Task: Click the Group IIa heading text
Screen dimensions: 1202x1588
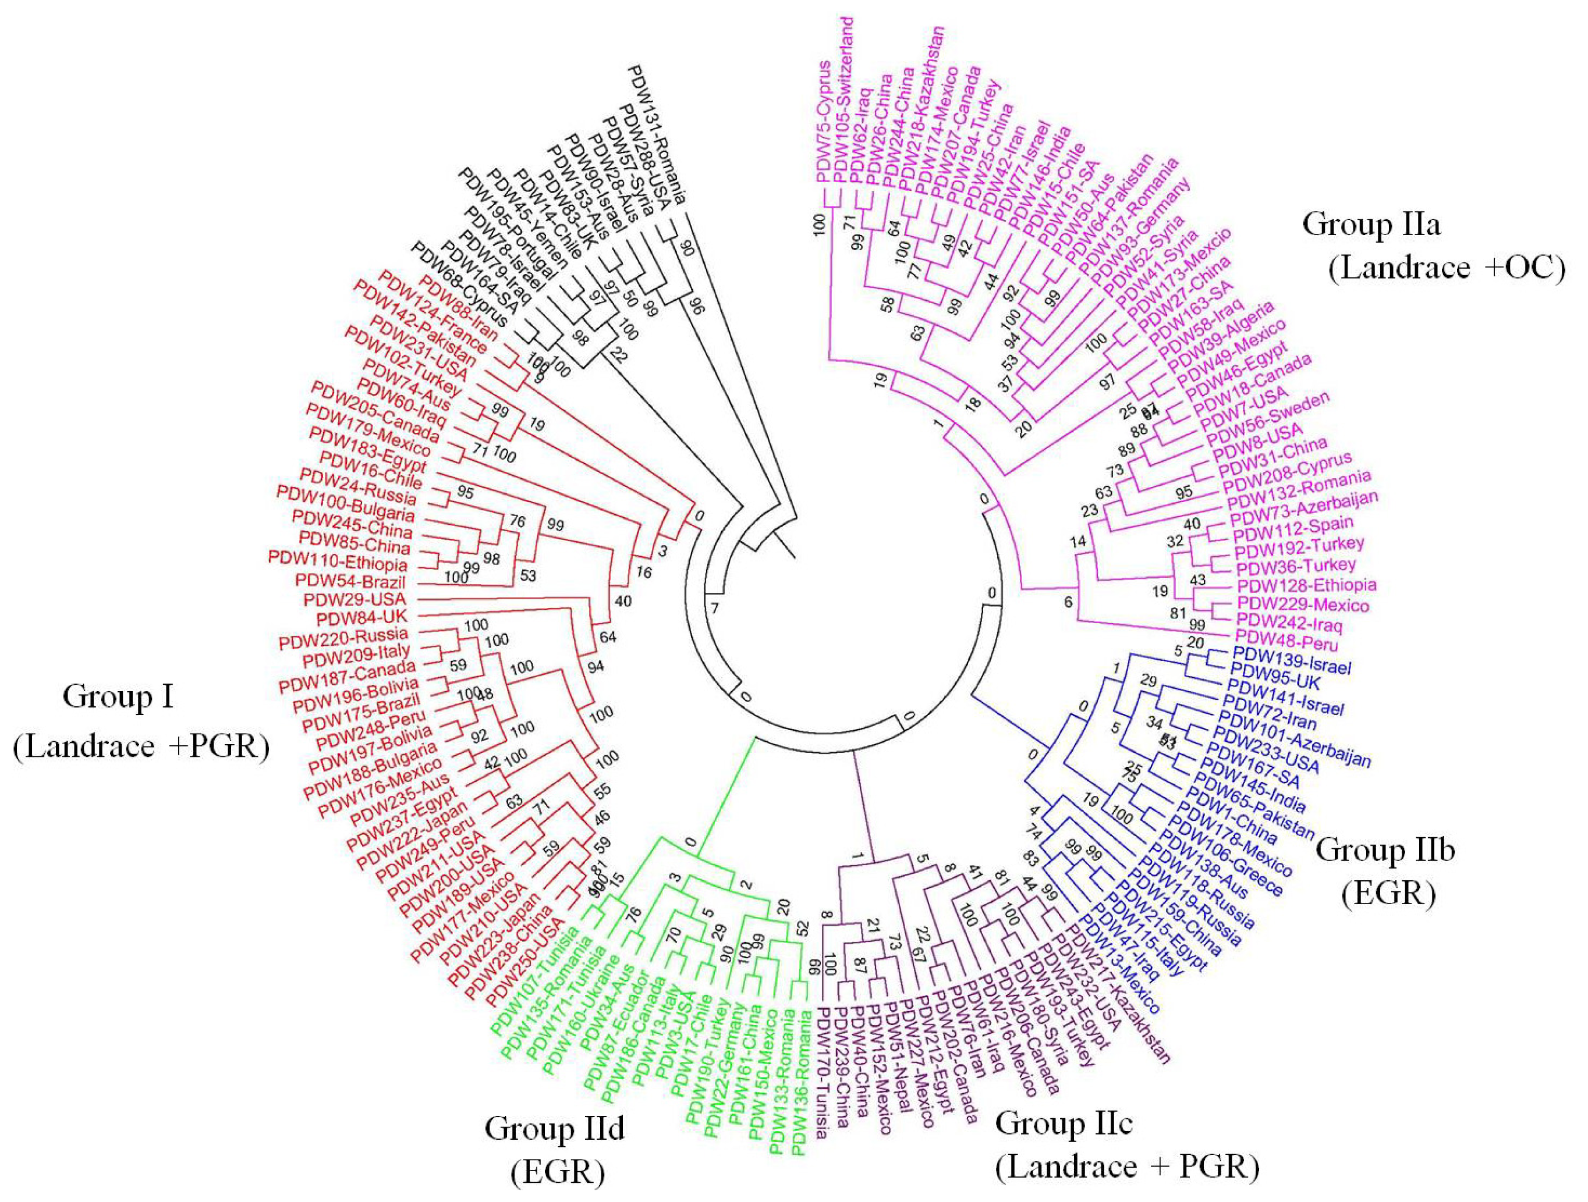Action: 1371,225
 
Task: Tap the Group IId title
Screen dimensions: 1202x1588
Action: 554,1129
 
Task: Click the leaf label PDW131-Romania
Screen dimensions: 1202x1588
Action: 657,134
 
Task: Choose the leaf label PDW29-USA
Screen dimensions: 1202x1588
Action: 355,599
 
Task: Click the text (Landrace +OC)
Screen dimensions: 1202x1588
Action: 1446,268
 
